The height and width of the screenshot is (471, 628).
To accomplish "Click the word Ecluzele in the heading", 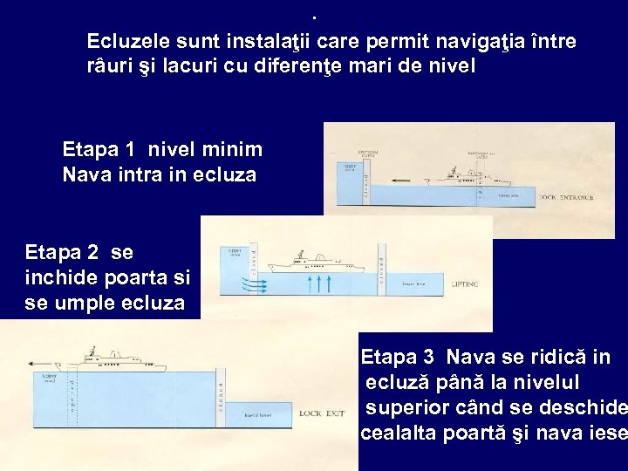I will [126, 42].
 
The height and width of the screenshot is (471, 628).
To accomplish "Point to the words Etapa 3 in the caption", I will [397, 357].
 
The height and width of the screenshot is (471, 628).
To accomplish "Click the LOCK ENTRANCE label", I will [568, 197].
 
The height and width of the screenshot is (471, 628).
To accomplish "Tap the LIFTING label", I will [466, 283].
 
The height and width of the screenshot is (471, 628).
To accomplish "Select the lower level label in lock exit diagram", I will [259, 414].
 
